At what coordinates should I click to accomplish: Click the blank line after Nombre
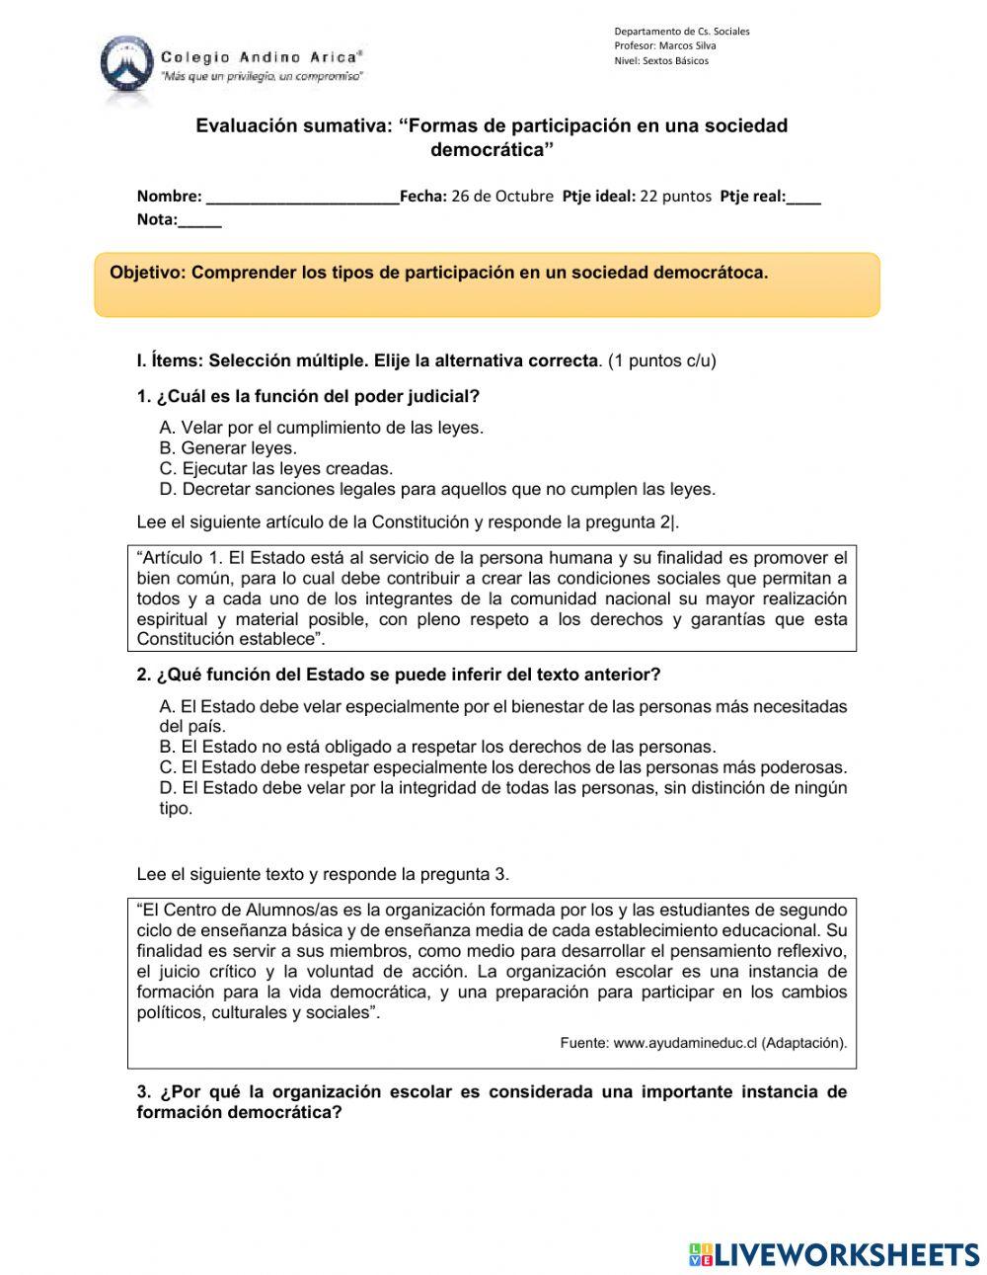coord(302,197)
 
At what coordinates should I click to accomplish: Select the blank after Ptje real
coord(804,197)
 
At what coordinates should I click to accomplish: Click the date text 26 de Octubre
coord(502,196)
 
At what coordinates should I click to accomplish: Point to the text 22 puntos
coord(675,196)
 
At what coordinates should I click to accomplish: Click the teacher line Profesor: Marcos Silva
coord(664,45)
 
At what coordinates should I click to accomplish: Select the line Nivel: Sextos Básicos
coord(660,60)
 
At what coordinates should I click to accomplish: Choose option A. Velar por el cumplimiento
coord(321,428)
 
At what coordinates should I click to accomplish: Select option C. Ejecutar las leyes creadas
coord(275,469)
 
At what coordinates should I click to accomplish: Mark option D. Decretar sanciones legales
coord(437,489)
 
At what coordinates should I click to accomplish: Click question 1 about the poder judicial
coord(308,397)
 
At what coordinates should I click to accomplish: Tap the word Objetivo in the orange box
coord(147,273)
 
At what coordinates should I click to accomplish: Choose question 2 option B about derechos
coord(437,747)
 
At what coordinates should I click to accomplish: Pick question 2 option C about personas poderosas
coord(503,767)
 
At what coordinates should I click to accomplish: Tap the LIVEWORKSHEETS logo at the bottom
coord(834,1253)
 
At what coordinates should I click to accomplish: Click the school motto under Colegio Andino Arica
coord(262,76)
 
